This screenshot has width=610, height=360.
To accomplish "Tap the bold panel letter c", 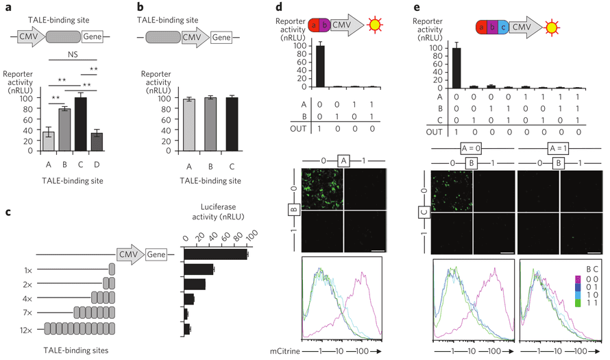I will (x=7, y=211).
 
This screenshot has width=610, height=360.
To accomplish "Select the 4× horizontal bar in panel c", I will (x=189, y=299).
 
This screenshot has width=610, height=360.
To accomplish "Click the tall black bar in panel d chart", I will (x=319, y=66).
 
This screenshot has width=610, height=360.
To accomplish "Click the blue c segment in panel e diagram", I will (x=504, y=28).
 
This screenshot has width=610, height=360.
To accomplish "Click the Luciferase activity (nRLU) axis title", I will (x=217, y=215).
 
